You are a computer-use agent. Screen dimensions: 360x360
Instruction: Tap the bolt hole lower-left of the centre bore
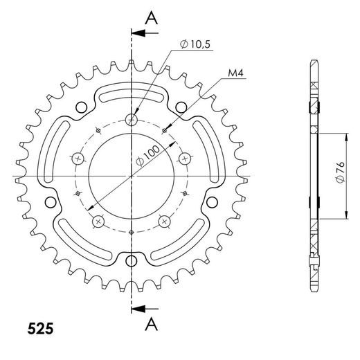pyautogui.click(x=98, y=222)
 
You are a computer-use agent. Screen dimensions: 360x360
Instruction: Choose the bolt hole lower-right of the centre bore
pyautogui.click(x=165, y=222)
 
